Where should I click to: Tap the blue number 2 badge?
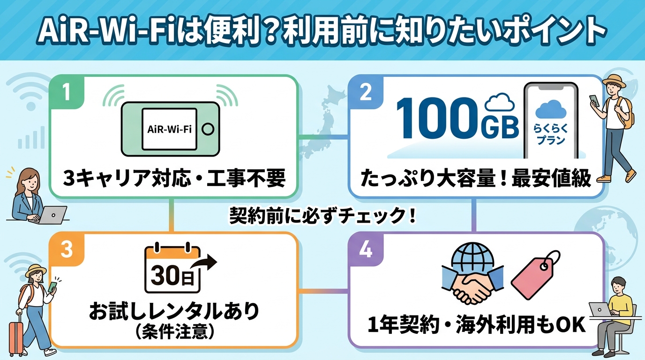tap(366, 92)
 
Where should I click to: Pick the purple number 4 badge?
tap(366, 249)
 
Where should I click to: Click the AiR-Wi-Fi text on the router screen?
tap(169, 129)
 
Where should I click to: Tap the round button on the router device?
tap(208, 129)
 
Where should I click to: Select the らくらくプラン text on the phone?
tap(551, 134)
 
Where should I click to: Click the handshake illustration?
tap(472, 285)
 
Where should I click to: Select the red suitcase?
tap(16, 336)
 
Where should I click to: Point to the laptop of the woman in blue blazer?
tap(52, 215)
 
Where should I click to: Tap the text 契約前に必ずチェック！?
tap(322, 216)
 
